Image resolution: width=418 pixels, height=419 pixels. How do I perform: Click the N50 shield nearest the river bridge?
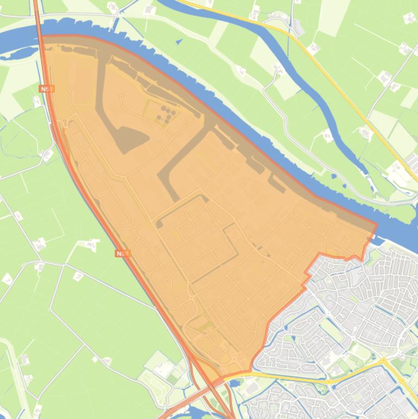pyautogui.click(x=47, y=88)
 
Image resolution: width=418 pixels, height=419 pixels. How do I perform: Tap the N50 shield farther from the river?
pyautogui.click(x=123, y=253)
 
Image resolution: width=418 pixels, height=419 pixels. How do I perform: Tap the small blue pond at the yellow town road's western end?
pyautogui.click(x=235, y=383)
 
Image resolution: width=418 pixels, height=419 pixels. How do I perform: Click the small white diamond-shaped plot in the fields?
pyautogui.click(x=95, y=359)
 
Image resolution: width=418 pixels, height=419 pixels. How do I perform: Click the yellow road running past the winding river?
pyautogui.click(x=337, y=82)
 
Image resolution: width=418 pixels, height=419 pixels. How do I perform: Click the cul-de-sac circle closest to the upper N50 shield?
pyautogui.click(x=69, y=86)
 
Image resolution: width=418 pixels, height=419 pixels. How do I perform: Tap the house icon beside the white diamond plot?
pyautogui.click(x=106, y=361)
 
